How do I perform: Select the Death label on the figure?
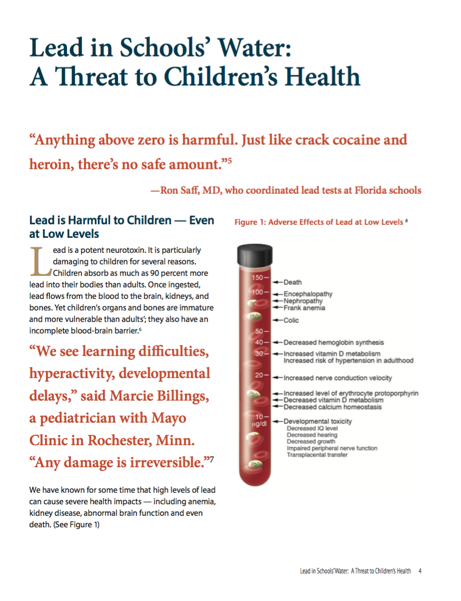click(292, 282)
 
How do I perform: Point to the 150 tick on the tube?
click(257, 277)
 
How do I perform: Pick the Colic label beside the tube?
click(291, 320)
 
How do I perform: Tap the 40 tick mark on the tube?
click(259, 343)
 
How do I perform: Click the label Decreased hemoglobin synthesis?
click(333, 343)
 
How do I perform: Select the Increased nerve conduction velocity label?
click(337, 378)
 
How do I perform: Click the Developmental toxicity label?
click(317, 421)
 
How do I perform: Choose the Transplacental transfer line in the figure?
click(316, 455)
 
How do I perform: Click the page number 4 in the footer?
click(420, 571)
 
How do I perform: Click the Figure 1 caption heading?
click(318, 222)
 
